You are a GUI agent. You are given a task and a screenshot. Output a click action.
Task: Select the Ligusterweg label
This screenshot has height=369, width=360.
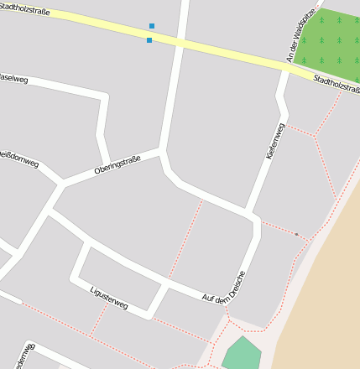108,298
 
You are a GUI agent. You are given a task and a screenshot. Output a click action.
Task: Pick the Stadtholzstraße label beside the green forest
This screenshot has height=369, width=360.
336,84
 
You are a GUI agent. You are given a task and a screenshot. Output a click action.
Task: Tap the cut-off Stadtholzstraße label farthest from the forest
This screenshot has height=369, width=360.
25,9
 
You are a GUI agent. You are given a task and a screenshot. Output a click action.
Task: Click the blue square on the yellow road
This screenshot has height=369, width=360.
149,40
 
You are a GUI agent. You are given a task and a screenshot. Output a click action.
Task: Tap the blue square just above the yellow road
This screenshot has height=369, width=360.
152,26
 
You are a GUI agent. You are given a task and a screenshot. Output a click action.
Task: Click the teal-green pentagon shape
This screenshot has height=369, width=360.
243,355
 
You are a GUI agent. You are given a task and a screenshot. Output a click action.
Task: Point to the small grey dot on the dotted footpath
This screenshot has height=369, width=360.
296,234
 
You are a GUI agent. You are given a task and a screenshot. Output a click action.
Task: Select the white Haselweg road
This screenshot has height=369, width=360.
67,86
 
